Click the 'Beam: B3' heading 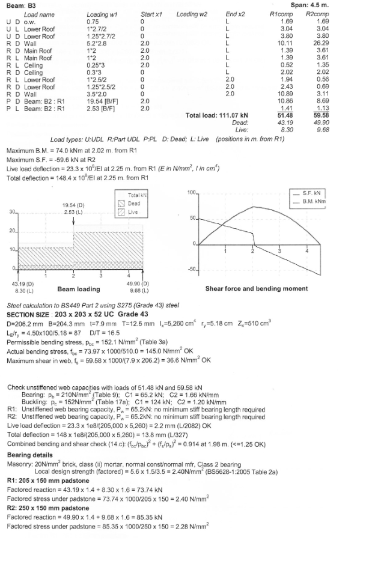tap(17, 5)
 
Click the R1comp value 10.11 tap(284, 43)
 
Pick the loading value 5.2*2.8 tap(97, 43)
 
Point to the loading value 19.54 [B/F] tap(102, 102)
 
